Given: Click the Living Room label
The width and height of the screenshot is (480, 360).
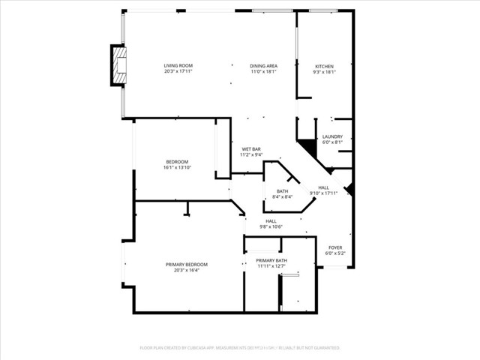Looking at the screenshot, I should [178, 66].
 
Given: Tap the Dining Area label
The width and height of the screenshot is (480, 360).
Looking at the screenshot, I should [264, 66].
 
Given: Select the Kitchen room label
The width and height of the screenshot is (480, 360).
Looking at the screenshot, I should [324, 66].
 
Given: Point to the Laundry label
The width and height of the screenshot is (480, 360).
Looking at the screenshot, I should [332, 136].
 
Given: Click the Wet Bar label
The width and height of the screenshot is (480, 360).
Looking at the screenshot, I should [250, 148].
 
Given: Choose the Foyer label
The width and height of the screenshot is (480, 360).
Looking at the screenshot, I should [335, 247].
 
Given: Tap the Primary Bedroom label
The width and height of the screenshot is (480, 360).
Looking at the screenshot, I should [186, 264].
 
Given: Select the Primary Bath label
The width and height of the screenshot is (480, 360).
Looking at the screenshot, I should [271, 260].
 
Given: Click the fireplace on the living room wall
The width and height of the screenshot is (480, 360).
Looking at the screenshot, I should [118, 66].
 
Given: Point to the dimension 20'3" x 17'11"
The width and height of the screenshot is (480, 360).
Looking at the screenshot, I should [178, 72].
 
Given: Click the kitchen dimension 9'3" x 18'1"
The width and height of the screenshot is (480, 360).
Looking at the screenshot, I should [324, 72].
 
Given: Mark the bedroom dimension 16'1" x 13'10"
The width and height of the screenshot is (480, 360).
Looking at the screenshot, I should [177, 168].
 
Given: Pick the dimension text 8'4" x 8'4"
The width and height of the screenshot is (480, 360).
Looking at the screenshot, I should [282, 197].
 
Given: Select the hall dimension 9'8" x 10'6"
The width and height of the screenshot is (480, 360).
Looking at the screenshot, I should [271, 226].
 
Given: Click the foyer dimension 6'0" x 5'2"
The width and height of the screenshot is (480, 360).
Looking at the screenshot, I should [335, 253].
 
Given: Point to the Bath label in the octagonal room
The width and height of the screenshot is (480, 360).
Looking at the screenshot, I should [282, 191].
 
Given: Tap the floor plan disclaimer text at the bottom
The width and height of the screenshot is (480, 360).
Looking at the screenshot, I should [240, 348].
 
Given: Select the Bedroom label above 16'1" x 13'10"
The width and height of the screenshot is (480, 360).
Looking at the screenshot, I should [177, 162].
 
